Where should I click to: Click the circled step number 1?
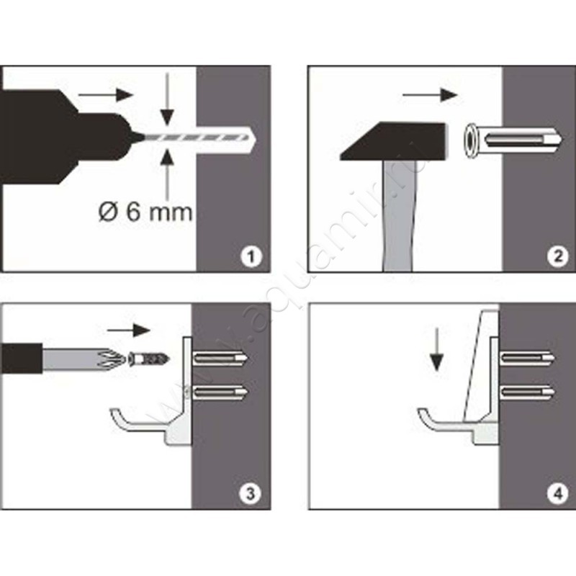pos(251,256)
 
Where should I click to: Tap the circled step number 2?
pos(557,256)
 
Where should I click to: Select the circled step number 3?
pos(250,493)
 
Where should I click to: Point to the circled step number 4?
pos(557,493)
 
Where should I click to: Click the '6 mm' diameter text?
pos(159,212)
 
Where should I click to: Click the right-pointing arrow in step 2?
pos(430,95)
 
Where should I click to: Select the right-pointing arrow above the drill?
pos(105,95)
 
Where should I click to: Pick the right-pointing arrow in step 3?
pos(129,330)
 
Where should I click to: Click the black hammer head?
pos(394,141)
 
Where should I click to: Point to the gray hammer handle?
pos(400,216)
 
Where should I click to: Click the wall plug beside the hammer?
pos(513,140)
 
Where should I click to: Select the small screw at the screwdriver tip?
pos(149,358)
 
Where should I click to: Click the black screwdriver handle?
pos(22,358)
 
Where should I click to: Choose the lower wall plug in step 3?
pos(220,392)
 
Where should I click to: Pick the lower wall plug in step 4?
pos(528,392)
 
